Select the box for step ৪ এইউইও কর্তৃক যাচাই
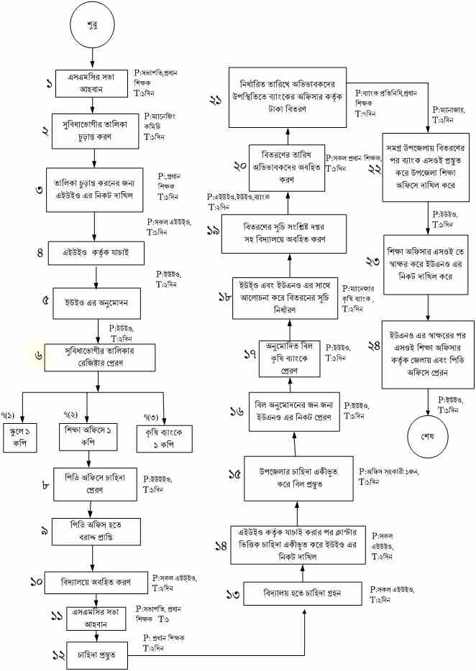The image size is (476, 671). pyautogui.click(x=94, y=252)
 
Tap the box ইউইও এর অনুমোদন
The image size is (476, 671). pyautogui.click(x=99, y=300)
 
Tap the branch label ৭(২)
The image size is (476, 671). pyautogui.click(x=70, y=416)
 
